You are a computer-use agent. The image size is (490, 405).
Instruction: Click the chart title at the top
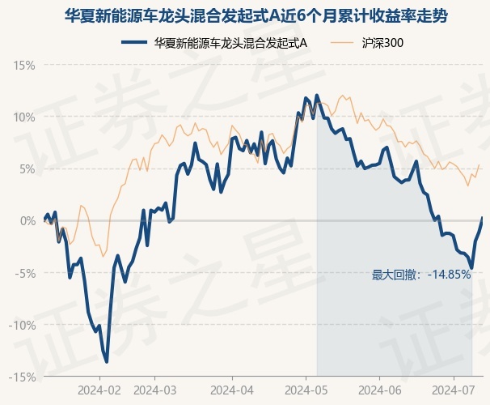(x=256, y=15)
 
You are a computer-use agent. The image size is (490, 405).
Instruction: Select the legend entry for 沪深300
(x=366, y=43)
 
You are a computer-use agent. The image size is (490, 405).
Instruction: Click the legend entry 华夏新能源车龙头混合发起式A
(x=215, y=43)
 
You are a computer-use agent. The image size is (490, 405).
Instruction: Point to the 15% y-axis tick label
(x=24, y=66)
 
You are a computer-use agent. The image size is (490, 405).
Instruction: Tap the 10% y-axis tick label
(x=24, y=117)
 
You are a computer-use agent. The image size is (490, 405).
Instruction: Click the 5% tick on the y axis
(x=27, y=169)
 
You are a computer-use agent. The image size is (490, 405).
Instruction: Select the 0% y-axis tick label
(x=27, y=221)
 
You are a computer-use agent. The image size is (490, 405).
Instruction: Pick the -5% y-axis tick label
(x=25, y=273)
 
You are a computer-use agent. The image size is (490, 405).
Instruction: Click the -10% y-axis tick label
(x=22, y=325)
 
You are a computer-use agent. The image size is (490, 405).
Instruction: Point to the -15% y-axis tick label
(x=22, y=377)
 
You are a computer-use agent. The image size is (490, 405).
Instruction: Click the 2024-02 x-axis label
(x=99, y=390)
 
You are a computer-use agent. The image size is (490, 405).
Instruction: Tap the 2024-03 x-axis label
(x=155, y=390)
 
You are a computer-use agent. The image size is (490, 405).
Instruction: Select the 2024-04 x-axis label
(x=232, y=390)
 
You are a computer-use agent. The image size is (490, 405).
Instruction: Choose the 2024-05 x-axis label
(x=306, y=390)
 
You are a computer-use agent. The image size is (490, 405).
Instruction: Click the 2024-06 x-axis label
(x=380, y=390)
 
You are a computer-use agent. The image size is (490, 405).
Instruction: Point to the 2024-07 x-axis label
(x=454, y=390)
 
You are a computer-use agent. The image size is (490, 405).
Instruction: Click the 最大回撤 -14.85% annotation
(x=421, y=275)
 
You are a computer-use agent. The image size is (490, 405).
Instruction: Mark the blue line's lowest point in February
(x=107, y=362)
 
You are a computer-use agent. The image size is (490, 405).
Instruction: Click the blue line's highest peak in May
(x=317, y=95)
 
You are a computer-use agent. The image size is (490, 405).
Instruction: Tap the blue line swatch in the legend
(x=134, y=43)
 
